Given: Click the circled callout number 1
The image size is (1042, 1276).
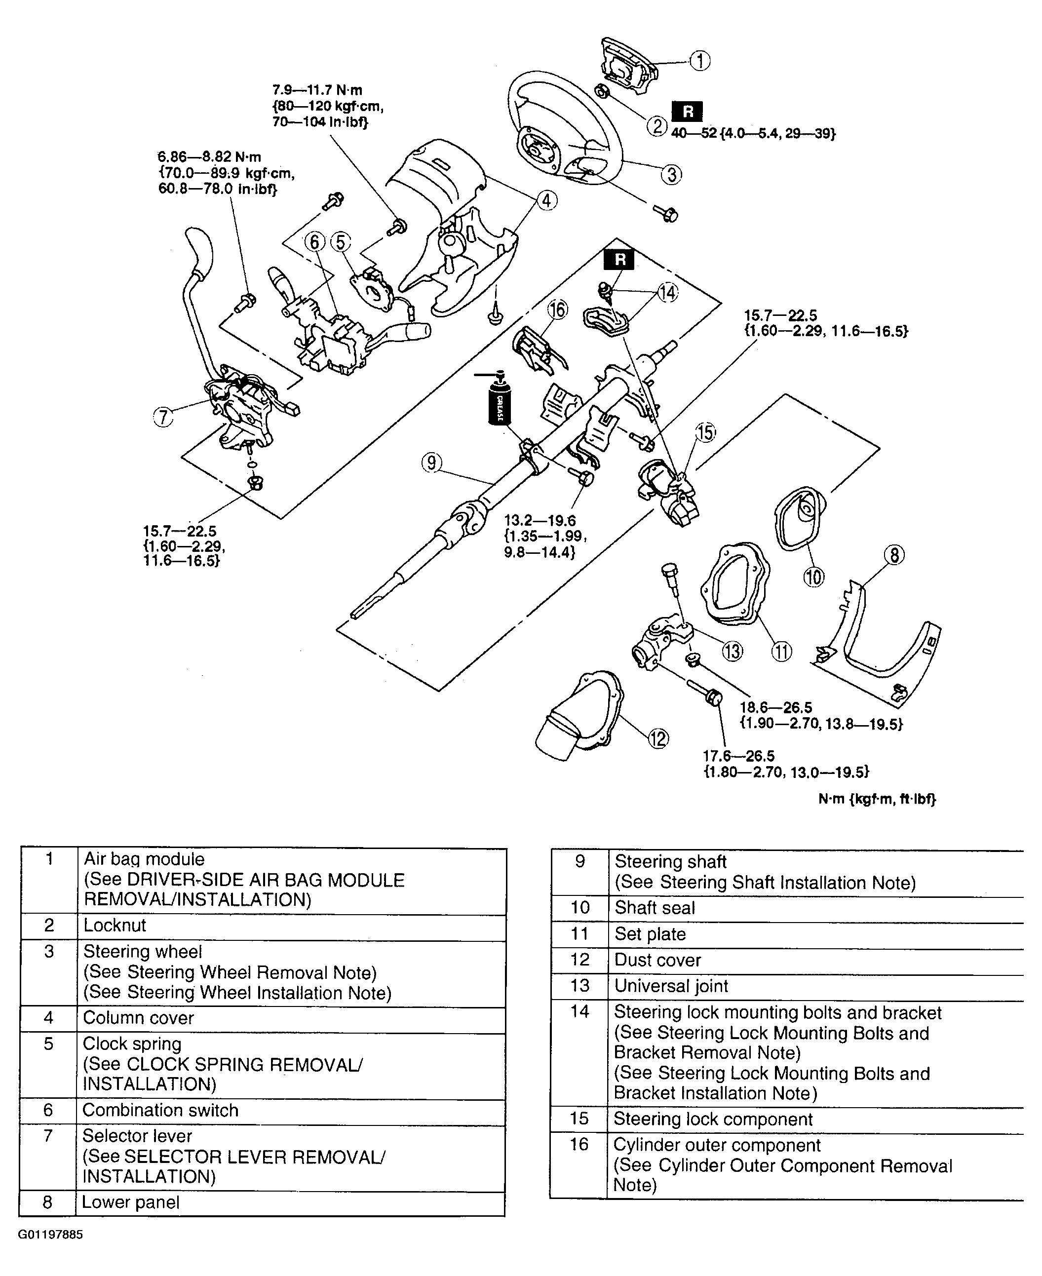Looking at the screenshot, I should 699,61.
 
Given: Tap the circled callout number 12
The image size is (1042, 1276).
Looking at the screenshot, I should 658,738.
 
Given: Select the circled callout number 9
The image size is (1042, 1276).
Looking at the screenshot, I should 431,463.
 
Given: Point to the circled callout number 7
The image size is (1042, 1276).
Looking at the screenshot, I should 163,417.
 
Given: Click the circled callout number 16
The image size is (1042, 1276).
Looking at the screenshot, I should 558,309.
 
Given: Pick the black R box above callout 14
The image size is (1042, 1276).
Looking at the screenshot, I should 619,259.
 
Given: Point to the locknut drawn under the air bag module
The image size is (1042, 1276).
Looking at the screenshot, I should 602,92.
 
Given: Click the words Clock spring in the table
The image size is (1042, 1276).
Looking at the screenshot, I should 132,1044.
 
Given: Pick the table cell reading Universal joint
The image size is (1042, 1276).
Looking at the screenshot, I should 671,986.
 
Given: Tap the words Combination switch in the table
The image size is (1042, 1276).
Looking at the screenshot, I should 160,1110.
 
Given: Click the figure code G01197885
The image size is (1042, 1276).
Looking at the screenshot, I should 50,1235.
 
